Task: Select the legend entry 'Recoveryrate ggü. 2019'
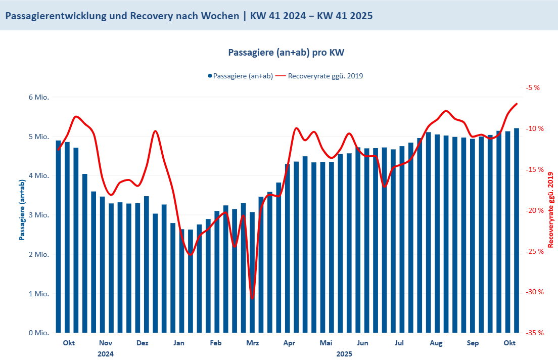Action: pos(325,76)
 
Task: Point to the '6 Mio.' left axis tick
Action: pos(39,98)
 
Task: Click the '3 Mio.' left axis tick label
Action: pos(39,215)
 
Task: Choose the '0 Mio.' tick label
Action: pos(39,333)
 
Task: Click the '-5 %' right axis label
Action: pos(533,87)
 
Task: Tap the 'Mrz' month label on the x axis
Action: pos(252,344)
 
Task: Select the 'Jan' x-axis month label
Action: pos(178,344)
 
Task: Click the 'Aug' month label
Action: pos(436,344)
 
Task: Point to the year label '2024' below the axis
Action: pos(105,354)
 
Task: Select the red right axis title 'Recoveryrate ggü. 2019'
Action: pos(551,210)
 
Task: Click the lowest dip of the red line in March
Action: pos(253,298)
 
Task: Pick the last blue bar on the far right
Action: pos(517,231)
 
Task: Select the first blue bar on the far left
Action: pos(58,237)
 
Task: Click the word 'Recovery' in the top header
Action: pos(151,16)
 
